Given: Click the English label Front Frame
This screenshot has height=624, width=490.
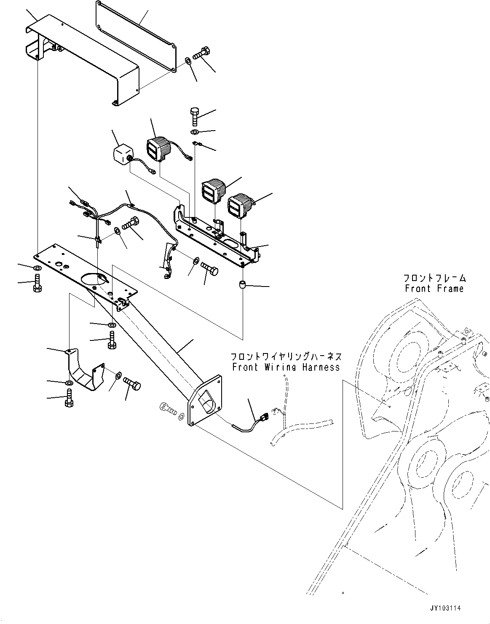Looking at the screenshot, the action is tap(434, 289).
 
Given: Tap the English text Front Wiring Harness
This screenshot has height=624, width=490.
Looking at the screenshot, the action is tap(286, 367).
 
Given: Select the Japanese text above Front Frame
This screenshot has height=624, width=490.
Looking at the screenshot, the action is tap(435, 278).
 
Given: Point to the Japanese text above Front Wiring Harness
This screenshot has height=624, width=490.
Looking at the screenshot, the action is tap(287, 356).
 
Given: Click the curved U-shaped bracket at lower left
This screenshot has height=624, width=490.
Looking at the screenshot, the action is tap(85, 369).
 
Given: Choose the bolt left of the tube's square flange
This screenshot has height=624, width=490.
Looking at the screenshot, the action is tap(168, 409).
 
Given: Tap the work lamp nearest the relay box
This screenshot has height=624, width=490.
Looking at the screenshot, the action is tap(159, 148).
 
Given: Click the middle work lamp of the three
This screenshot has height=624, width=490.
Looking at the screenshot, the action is tap(214, 191).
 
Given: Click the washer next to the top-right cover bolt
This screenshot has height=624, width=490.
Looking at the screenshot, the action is tap(188, 61).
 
